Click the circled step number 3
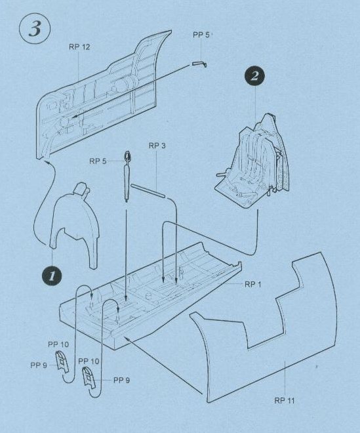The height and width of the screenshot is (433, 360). point(35,29)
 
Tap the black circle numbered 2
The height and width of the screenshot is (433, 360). point(254,76)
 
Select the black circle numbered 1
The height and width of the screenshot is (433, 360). point(52,276)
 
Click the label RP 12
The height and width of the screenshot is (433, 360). point(79,47)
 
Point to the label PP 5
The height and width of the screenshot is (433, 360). point(201,35)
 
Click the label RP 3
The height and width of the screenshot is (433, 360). point(157,146)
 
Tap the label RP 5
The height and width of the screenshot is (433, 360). point(98,161)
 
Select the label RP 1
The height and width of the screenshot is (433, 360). point(252,285)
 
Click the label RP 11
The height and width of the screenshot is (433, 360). point(285,400)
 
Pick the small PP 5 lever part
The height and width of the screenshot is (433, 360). point(199,64)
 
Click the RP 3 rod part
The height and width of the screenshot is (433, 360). point(148,191)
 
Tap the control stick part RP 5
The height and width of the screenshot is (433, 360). point(127,176)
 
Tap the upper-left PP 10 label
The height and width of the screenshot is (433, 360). point(58,344)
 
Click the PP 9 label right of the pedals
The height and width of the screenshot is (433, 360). point(121,381)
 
